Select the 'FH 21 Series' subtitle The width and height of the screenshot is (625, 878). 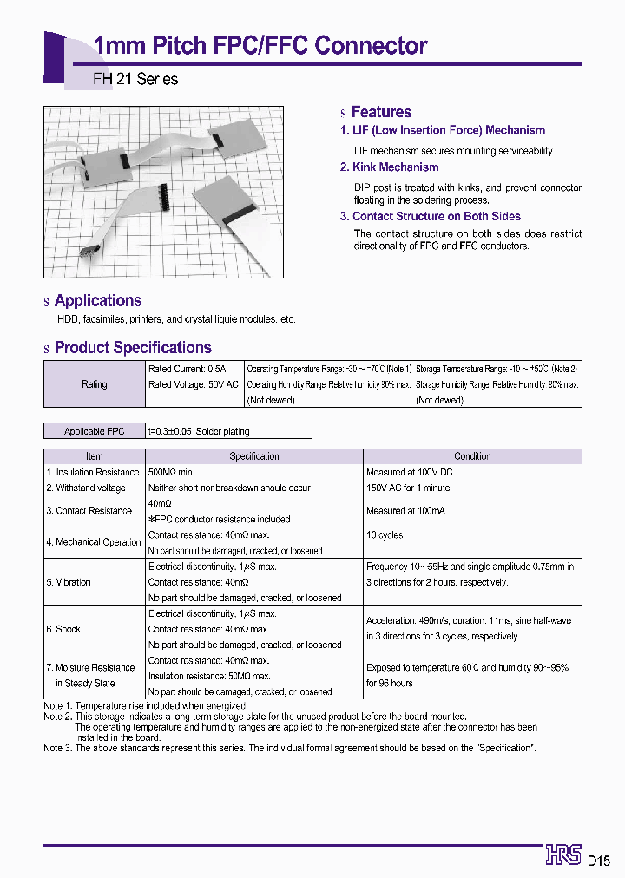[135, 79]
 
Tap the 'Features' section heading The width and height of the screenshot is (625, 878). [381, 112]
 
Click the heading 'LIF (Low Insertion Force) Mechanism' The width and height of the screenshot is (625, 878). [443, 131]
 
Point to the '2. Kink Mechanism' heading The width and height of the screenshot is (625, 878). [390, 167]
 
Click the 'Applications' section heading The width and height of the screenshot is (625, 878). [98, 301]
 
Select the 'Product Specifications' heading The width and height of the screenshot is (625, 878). [133, 348]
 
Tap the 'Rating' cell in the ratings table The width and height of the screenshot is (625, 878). [95, 384]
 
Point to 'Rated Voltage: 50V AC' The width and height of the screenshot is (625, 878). [193, 384]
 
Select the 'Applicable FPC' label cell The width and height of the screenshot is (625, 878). [95, 431]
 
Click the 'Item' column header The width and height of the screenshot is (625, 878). [95, 456]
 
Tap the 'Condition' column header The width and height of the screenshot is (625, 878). [472, 456]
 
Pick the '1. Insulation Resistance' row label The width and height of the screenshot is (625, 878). [93, 472]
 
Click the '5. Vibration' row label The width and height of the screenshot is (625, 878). [69, 582]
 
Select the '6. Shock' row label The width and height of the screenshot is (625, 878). [63, 629]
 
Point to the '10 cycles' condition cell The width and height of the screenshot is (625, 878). [385, 535]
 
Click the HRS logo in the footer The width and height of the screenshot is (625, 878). [563, 855]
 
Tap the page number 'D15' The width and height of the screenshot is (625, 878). [600, 861]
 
